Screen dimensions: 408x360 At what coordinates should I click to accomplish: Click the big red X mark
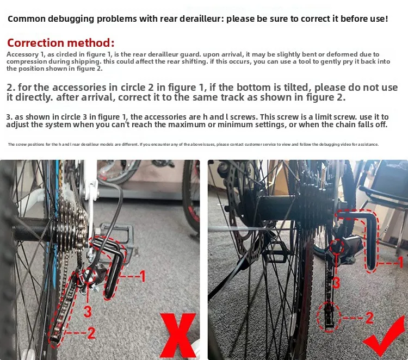(x=178, y=336)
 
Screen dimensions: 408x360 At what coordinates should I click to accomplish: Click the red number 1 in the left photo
(x=142, y=276)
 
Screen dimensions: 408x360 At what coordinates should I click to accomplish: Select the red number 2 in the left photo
(x=91, y=333)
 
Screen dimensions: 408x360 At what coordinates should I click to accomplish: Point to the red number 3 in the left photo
(x=88, y=312)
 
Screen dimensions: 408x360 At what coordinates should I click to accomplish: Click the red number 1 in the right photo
(x=400, y=262)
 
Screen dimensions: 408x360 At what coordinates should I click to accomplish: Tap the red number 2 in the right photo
(x=369, y=318)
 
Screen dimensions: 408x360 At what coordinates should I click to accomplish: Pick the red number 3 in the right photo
(x=336, y=282)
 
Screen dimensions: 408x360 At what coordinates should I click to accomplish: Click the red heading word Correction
(x=35, y=43)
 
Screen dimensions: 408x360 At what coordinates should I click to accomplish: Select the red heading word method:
(x=90, y=43)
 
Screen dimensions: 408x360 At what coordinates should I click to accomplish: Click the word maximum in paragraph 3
(x=187, y=125)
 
